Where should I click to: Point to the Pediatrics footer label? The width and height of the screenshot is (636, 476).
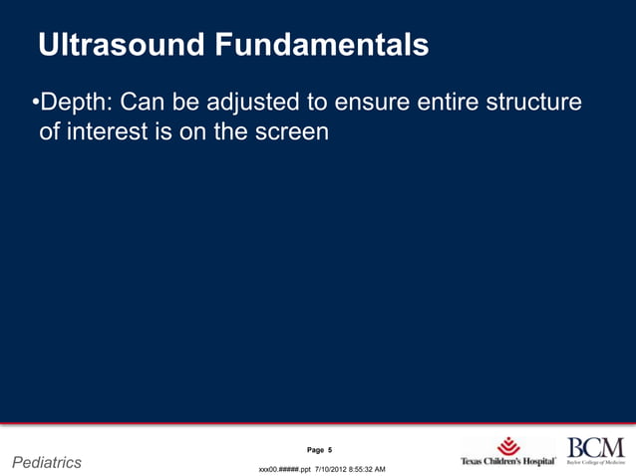tap(46, 462)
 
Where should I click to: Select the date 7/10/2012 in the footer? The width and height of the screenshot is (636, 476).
tap(333, 468)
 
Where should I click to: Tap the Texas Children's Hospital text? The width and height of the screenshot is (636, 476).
tap(507, 462)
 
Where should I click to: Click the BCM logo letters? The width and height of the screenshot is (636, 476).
tap(595, 447)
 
